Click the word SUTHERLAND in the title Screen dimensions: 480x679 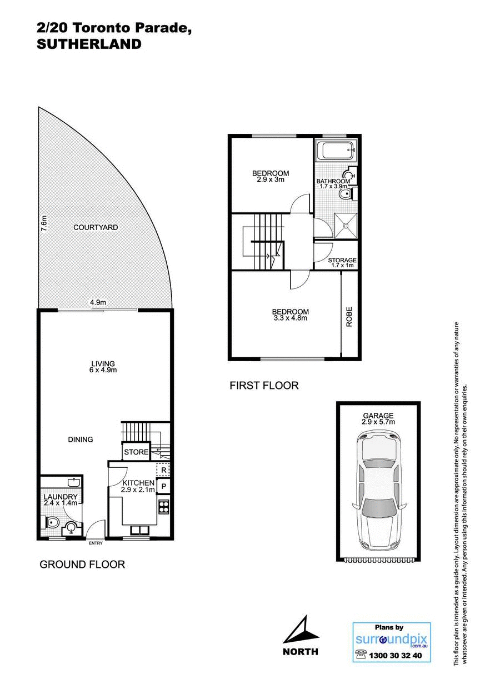[x=89, y=44]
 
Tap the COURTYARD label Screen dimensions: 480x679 [x=96, y=227]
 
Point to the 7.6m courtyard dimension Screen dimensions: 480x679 [x=44, y=223]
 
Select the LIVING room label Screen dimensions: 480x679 [x=104, y=363]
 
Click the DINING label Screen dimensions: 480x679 [x=81, y=439]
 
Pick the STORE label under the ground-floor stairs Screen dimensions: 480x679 [x=136, y=452]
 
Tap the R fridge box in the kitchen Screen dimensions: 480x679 [x=163, y=470]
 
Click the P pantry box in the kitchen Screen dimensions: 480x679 [x=163, y=487]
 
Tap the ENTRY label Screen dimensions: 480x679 [x=96, y=543]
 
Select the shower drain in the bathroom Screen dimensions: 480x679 [x=345, y=225]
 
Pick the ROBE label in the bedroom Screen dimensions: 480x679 [x=349, y=317]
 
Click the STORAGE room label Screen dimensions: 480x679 [x=342, y=260]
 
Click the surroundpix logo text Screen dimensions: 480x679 [x=391, y=638]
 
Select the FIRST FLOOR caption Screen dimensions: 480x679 [x=264, y=385]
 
